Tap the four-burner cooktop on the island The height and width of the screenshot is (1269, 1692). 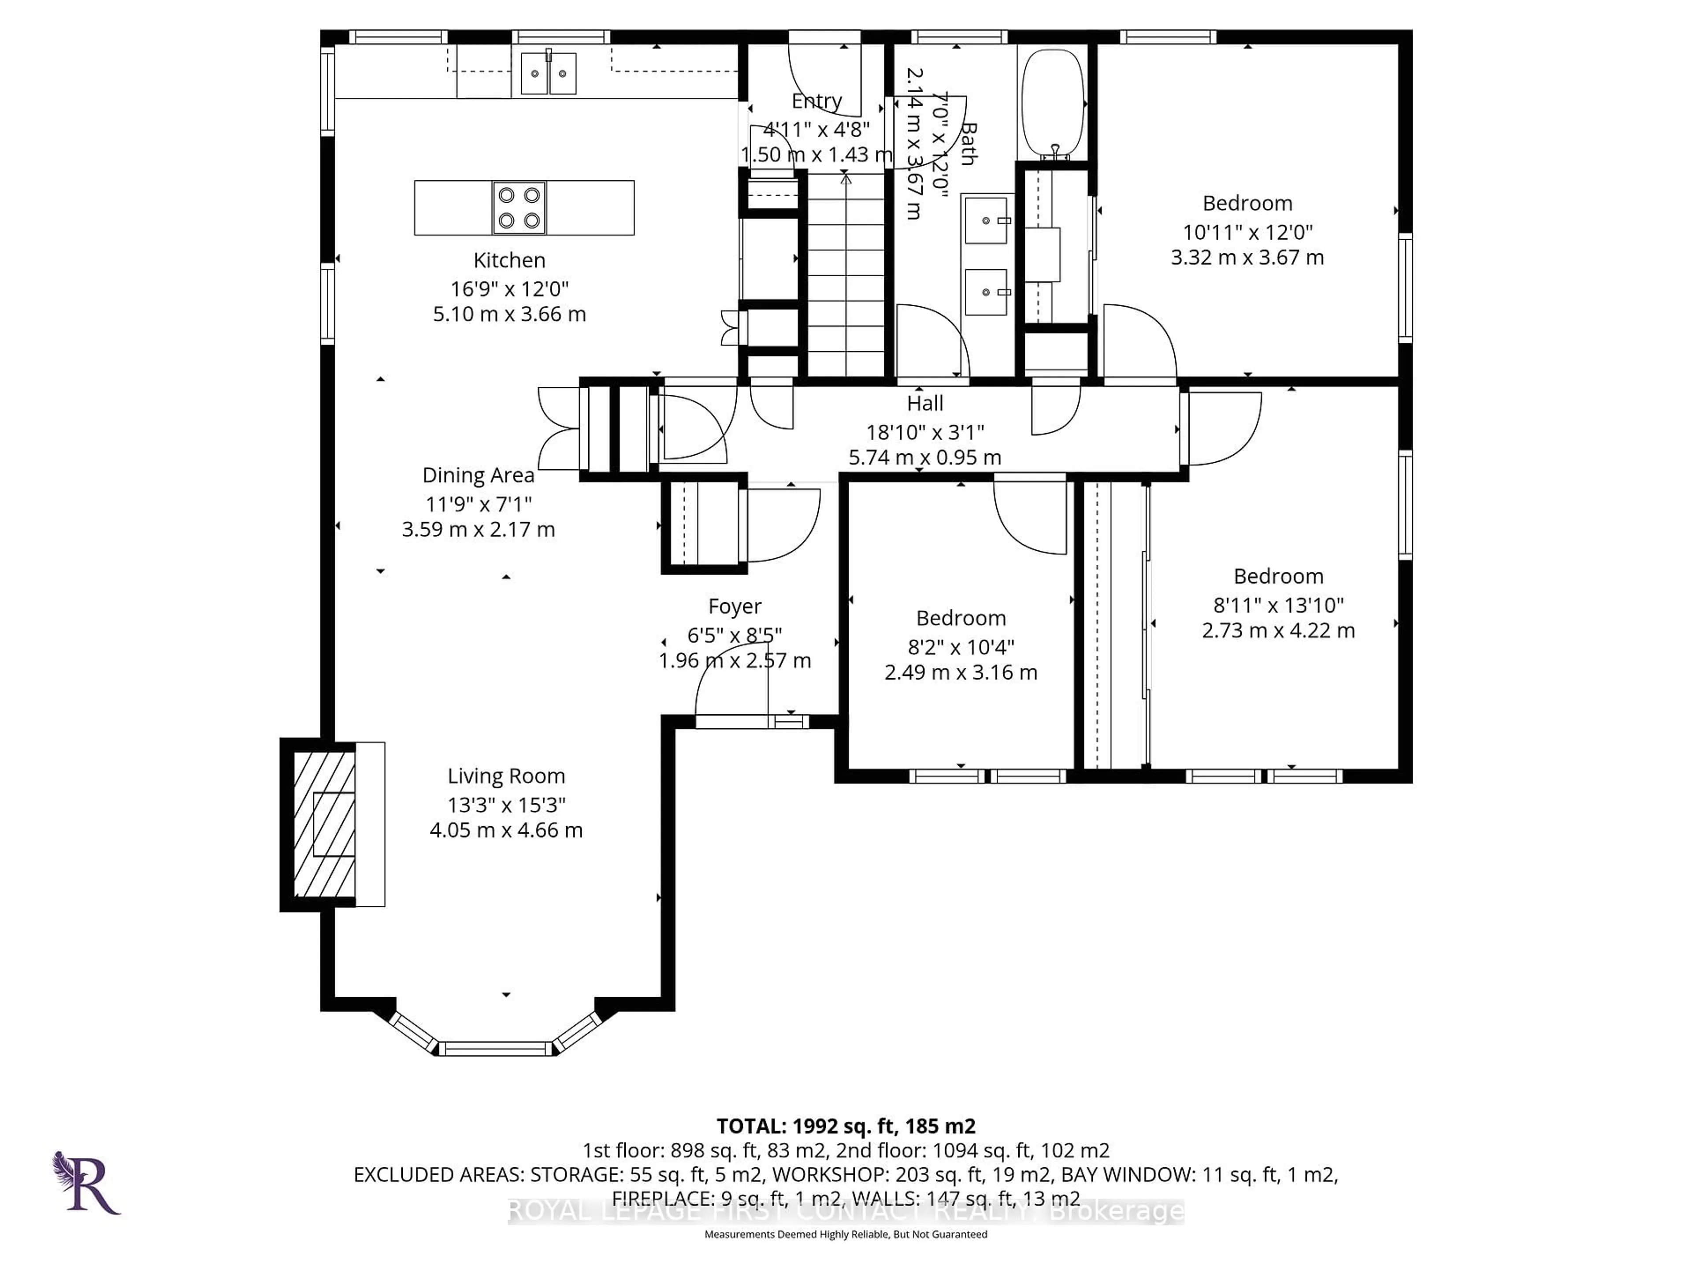[519, 207]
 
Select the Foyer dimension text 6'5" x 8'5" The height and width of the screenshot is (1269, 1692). [735, 635]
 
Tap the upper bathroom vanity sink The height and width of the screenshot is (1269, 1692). [986, 220]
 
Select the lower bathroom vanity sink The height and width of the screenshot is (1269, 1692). [986, 292]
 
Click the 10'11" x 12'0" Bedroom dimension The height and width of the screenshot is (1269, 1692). [1247, 232]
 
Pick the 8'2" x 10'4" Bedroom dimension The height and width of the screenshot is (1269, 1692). [961, 647]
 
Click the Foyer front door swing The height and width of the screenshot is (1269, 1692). [731, 692]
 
